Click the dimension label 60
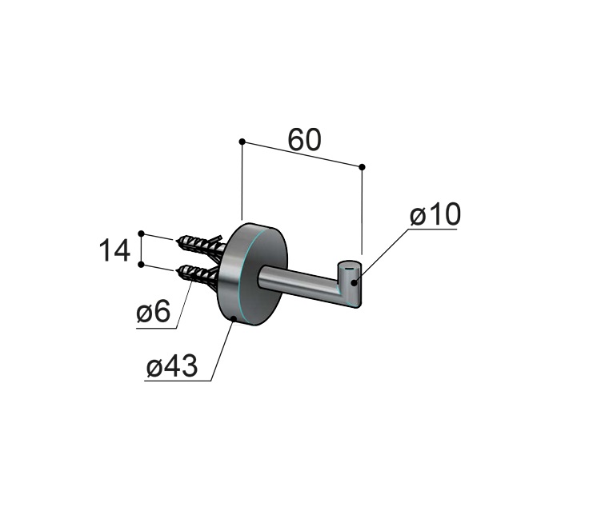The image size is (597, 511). click(305, 140)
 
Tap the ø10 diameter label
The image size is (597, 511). click(435, 214)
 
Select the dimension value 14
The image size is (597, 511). click(114, 250)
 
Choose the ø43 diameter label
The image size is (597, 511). click(172, 365)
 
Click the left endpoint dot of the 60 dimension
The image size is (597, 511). click(242, 142)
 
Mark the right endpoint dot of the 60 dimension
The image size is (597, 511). click(362, 167)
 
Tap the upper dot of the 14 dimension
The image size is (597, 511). click(142, 234)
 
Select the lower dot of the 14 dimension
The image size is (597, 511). click(142, 265)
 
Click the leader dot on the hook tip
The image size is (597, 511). click(355, 282)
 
